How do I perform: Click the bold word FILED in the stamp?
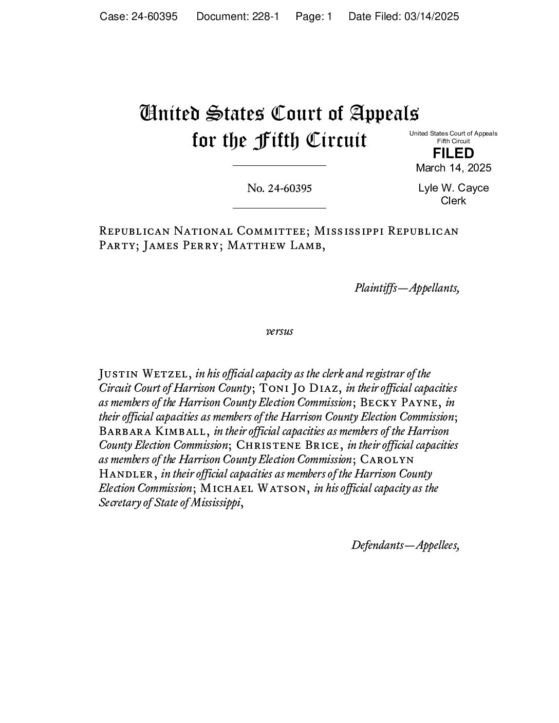pyautogui.click(x=453, y=154)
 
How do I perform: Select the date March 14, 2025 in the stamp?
pyautogui.click(x=453, y=168)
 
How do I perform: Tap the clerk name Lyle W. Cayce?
pyautogui.click(x=453, y=188)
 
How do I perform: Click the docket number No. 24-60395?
pyautogui.click(x=279, y=188)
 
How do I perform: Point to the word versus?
pyautogui.click(x=279, y=331)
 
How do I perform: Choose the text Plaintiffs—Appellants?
pyautogui.click(x=406, y=288)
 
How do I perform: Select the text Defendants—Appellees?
pyautogui.click(x=405, y=545)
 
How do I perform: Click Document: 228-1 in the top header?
pyautogui.click(x=237, y=16)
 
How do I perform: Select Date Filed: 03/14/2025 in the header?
pyautogui.click(x=403, y=16)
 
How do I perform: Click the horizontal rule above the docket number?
pyautogui.click(x=279, y=166)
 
